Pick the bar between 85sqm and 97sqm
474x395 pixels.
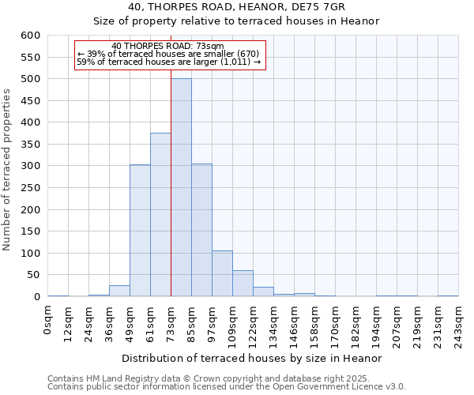pos(201,230)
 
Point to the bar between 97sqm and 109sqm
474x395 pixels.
pos(222,273)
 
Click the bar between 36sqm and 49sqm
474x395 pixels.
pos(119,291)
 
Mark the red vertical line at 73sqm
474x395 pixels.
pos(171,158)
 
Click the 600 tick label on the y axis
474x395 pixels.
pos(30,36)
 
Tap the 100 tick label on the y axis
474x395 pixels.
pos(30,254)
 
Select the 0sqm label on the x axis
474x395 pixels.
pos(47,321)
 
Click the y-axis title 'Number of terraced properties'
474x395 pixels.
pos(8,170)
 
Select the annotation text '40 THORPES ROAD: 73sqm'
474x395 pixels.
pos(167,46)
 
